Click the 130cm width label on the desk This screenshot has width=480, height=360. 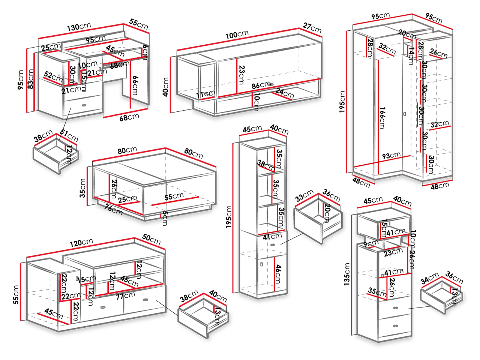[79, 27]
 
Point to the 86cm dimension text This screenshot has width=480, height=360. [261, 85]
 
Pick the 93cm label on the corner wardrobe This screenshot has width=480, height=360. [391, 155]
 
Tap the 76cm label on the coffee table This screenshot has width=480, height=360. [113, 209]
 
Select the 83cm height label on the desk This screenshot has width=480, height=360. [32, 80]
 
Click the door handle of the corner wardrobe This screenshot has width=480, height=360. [404, 114]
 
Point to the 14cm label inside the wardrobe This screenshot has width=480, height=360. [411, 53]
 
